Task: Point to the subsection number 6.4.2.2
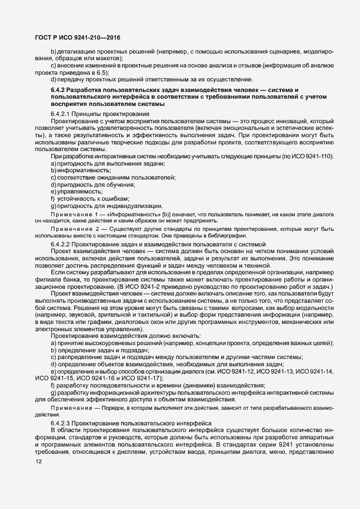click(62, 244)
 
